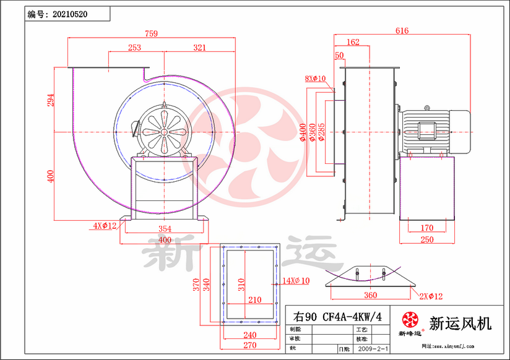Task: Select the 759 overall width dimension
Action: [151, 33]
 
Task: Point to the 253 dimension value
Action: [134, 47]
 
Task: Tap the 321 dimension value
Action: [199, 47]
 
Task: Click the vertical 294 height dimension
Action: [51, 100]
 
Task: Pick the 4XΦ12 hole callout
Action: [105, 226]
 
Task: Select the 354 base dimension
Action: [164, 229]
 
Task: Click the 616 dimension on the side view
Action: [402, 31]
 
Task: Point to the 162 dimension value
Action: [353, 42]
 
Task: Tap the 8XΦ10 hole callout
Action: [316, 79]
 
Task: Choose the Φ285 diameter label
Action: [322, 131]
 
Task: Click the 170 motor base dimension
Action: [427, 228]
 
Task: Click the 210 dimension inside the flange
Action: [254, 300]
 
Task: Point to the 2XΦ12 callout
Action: [430, 296]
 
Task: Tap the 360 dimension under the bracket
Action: [371, 295]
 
